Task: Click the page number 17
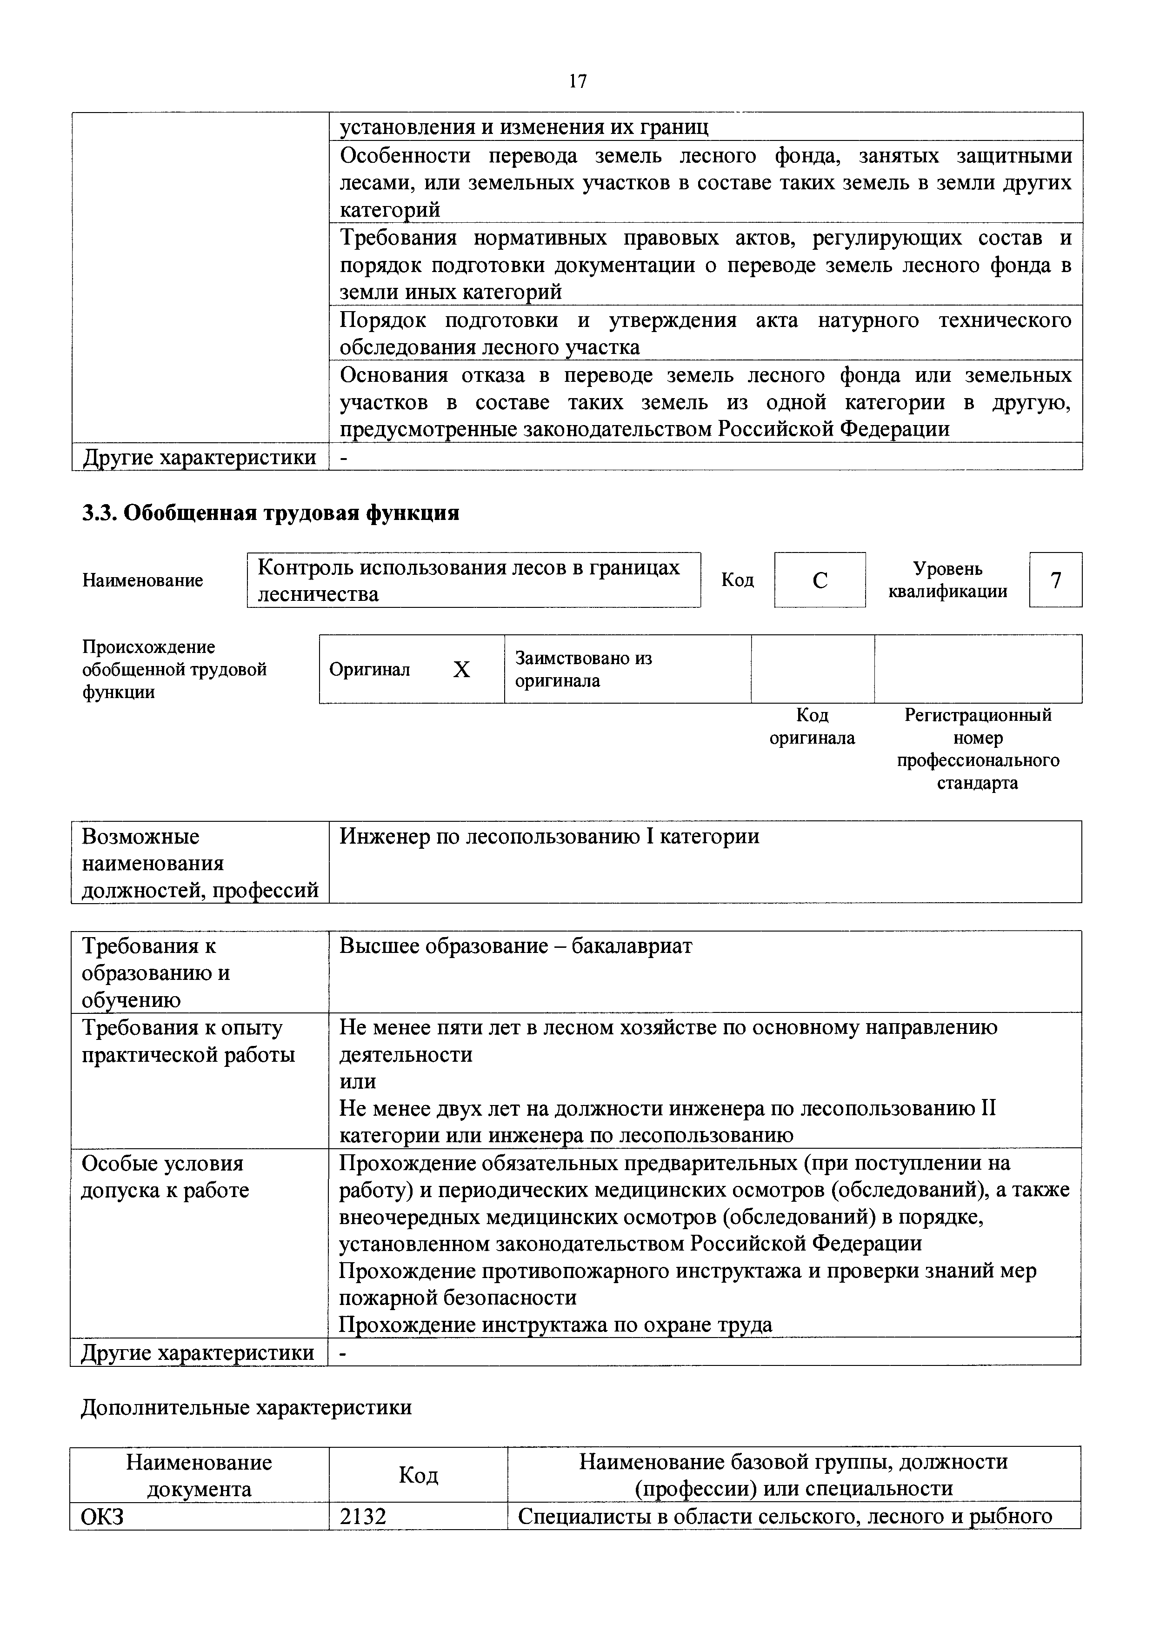(x=578, y=82)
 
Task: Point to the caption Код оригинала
(x=812, y=726)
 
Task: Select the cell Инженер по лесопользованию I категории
(x=549, y=837)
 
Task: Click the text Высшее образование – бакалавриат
(x=515, y=946)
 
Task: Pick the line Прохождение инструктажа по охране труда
(x=555, y=1325)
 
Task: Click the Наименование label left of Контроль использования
(x=143, y=580)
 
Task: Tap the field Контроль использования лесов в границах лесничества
(x=473, y=580)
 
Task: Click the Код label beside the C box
(x=737, y=580)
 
